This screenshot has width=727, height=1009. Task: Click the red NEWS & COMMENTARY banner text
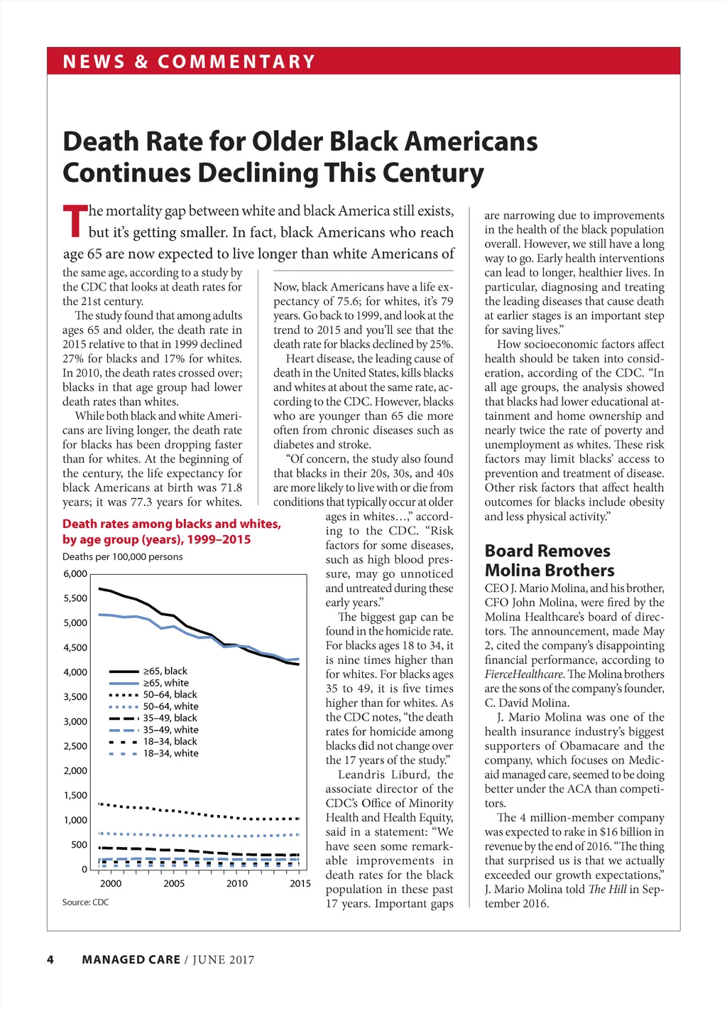pyautogui.click(x=189, y=62)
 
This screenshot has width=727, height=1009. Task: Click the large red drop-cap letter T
pyautogui.click(x=74, y=221)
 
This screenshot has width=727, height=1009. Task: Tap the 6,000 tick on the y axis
pyautogui.click(x=75, y=574)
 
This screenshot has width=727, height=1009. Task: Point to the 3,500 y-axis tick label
pyautogui.click(x=75, y=697)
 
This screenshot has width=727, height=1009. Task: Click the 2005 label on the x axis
pyautogui.click(x=174, y=884)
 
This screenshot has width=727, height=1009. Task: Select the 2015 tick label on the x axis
pyautogui.click(x=300, y=884)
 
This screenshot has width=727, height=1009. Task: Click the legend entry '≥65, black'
pyautogui.click(x=165, y=671)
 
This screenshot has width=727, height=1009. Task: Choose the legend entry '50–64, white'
pyautogui.click(x=170, y=706)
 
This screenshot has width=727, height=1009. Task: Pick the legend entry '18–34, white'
pyautogui.click(x=170, y=753)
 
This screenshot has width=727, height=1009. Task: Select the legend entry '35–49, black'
pyautogui.click(x=170, y=718)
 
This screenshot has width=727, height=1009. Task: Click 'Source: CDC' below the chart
pyautogui.click(x=85, y=902)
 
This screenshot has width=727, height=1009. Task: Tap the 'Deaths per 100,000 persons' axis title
pyautogui.click(x=122, y=557)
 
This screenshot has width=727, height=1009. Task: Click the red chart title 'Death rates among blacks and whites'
pyautogui.click(x=171, y=524)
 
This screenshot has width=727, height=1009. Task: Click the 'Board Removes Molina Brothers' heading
pyautogui.click(x=549, y=561)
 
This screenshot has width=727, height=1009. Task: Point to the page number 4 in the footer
pyautogui.click(x=50, y=960)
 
